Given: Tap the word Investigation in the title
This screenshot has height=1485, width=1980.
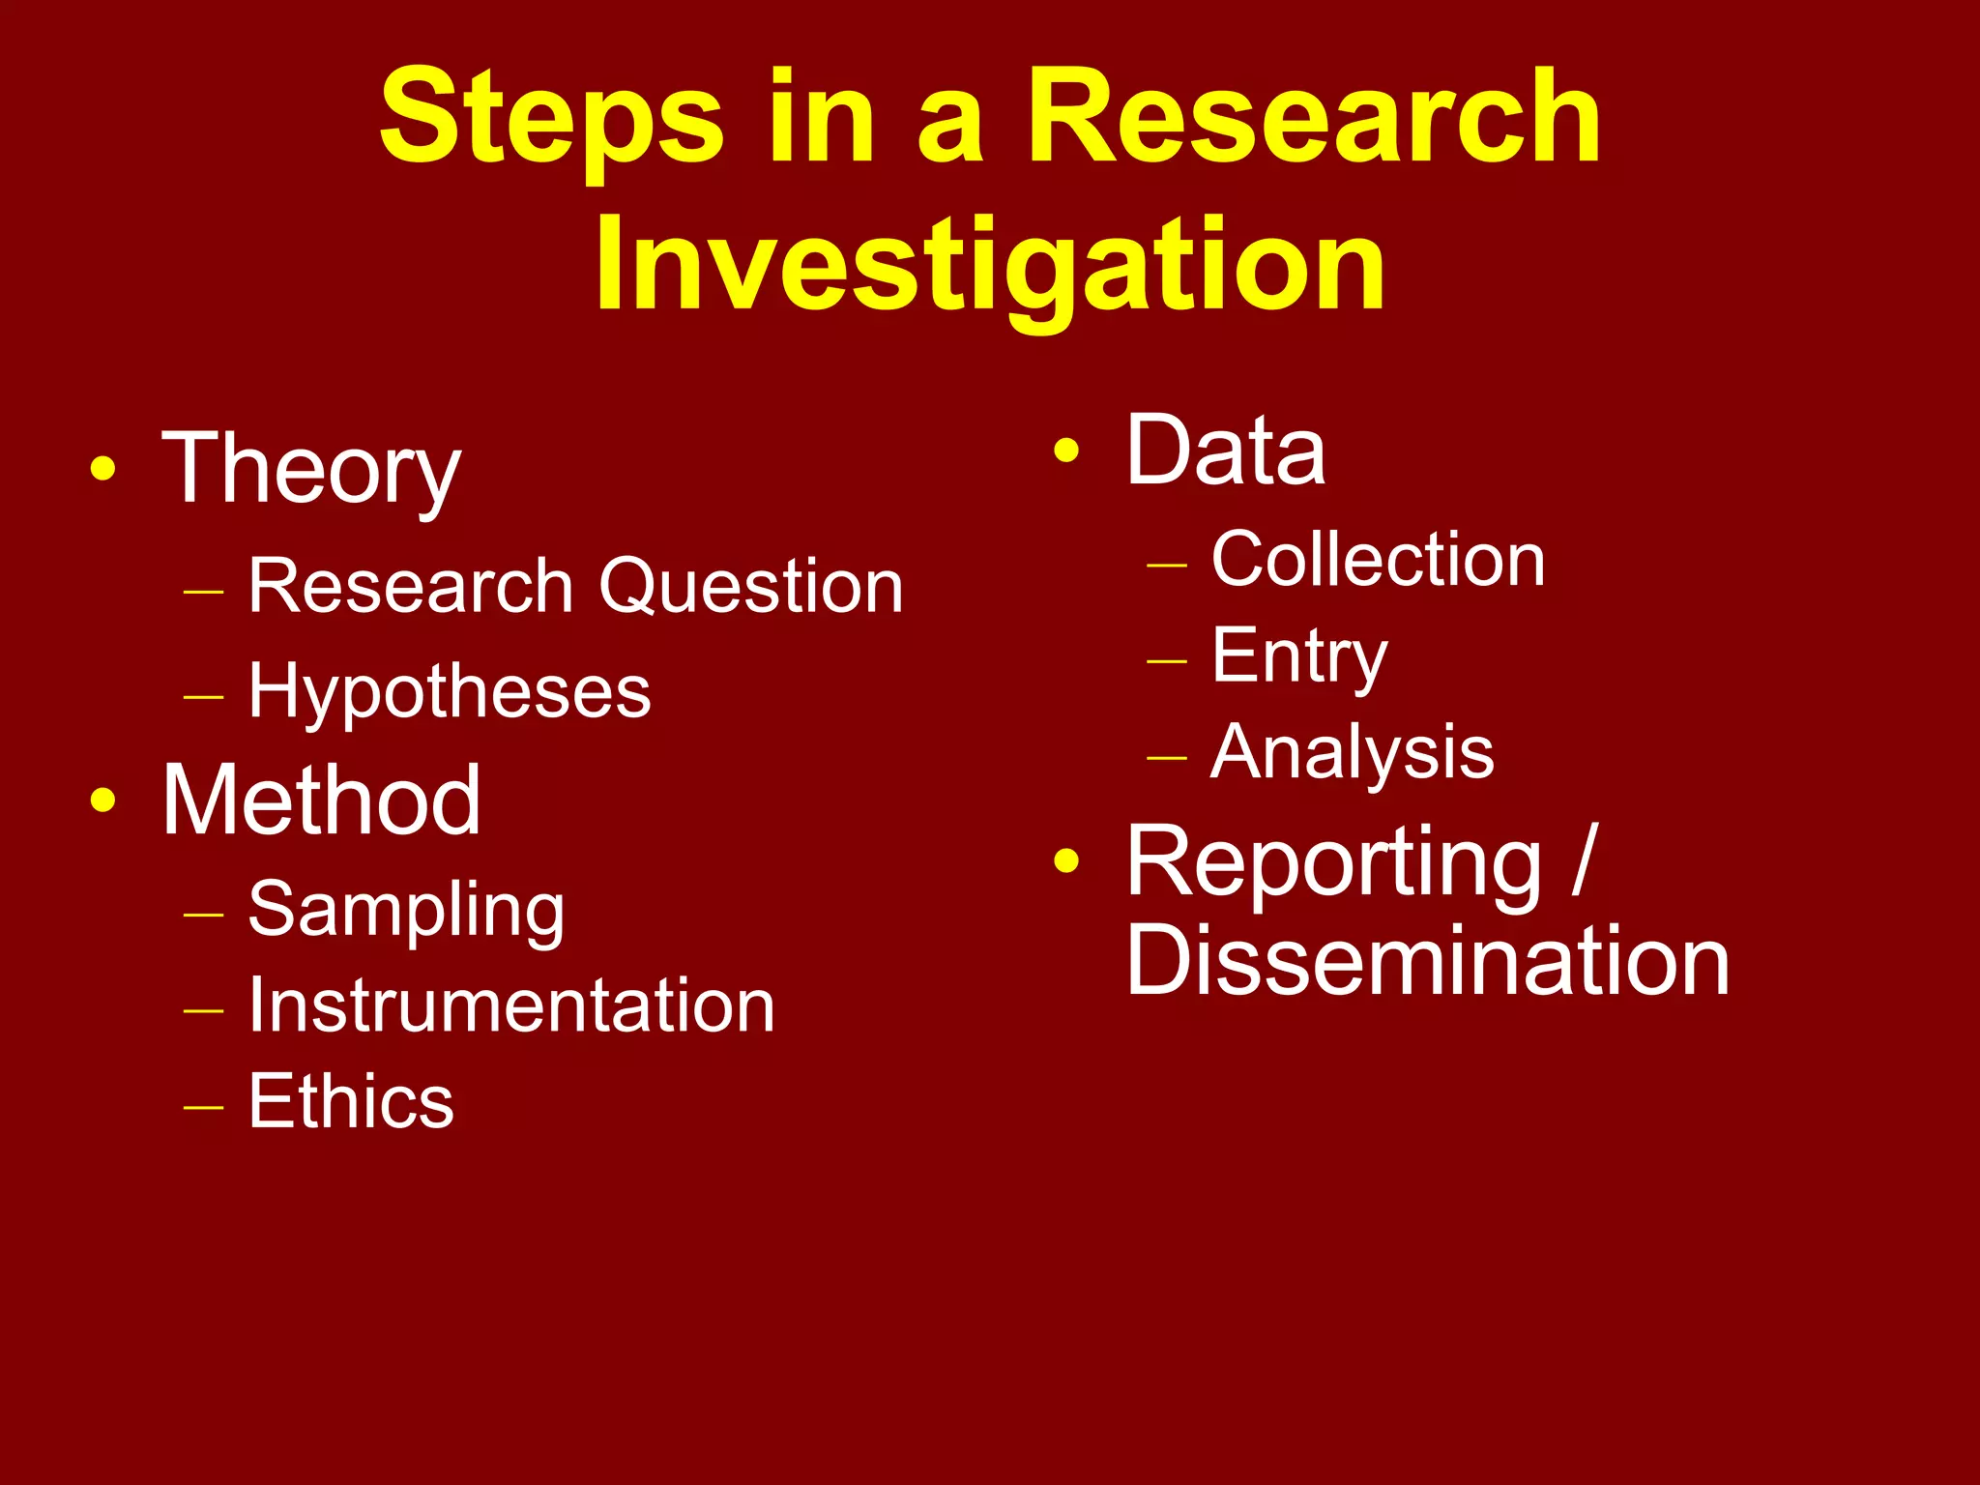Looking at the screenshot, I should click(x=990, y=266).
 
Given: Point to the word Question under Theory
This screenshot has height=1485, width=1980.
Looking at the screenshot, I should click(x=751, y=587).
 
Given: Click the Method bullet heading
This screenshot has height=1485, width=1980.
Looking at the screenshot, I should click(x=321, y=801).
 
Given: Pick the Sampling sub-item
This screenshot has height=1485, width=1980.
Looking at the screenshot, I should click(x=406, y=911).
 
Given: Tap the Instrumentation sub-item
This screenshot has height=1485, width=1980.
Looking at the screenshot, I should click(x=511, y=1006).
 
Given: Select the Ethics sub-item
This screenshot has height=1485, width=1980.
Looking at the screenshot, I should click(x=351, y=1101).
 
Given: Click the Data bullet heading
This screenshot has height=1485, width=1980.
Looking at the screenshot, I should click(x=1226, y=451).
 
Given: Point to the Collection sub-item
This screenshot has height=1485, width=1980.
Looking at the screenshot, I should click(x=1378, y=560).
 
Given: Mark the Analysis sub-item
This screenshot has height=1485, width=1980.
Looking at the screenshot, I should click(x=1353, y=753).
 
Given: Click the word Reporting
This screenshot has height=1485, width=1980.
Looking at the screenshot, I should click(x=1334, y=862).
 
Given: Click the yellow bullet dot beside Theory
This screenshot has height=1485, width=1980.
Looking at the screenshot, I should click(x=102, y=471).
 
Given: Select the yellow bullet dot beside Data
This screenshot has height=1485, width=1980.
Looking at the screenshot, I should click(x=1066, y=451).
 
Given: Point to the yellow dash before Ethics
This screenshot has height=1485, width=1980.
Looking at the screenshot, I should click(x=204, y=1105).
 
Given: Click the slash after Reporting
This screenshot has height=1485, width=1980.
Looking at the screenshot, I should click(x=1584, y=860).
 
